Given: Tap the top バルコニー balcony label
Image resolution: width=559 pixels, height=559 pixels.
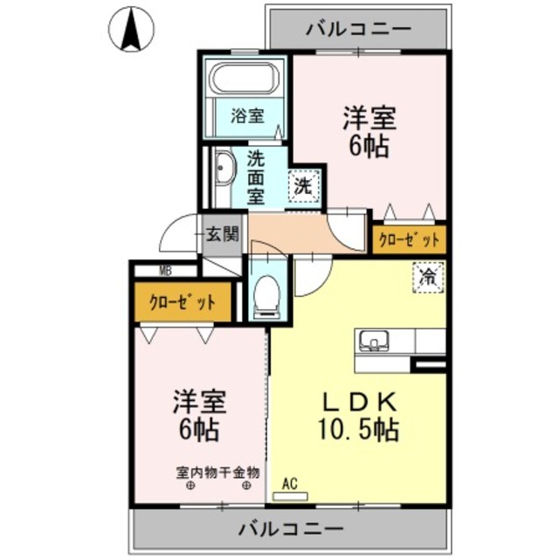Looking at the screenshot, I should click(358, 28).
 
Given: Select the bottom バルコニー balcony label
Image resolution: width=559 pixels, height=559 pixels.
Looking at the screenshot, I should click(279, 529).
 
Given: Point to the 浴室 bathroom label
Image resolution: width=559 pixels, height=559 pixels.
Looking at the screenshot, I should click(248, 115).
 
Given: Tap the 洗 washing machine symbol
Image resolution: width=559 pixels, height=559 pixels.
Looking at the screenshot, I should click(302, 185).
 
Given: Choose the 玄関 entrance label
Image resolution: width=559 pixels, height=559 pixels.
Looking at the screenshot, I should click(222, 234).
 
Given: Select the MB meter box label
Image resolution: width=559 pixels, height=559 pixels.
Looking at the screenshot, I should click(165, 271).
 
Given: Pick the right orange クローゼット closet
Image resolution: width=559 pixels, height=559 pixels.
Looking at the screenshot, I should click(409, 239).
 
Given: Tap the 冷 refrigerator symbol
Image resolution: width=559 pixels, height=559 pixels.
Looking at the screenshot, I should click(428, 278).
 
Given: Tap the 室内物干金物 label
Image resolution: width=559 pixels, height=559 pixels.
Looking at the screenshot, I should click(218, 473).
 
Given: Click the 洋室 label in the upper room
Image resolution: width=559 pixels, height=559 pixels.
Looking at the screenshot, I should click(369, 119).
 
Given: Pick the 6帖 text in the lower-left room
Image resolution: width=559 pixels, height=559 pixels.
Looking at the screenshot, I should click(198, 430).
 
